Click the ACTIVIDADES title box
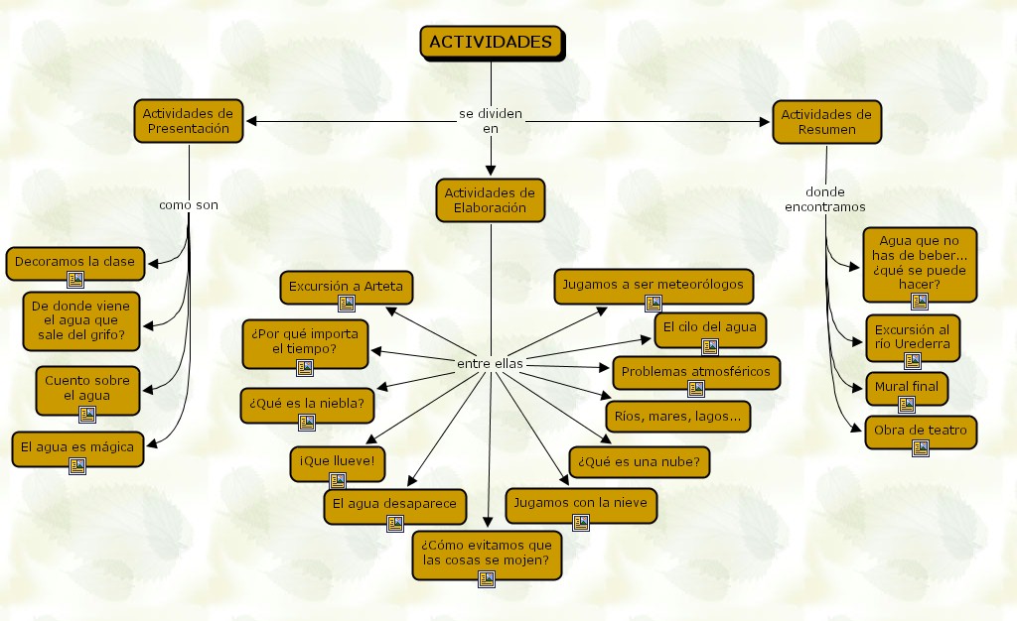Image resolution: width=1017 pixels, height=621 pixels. point(491,42)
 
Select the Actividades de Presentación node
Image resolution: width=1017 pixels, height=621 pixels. point(188,121)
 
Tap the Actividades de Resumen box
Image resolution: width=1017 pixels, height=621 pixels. point(826,121)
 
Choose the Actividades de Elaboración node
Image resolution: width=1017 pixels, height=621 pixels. point(490,199)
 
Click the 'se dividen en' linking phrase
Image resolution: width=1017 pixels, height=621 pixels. point(490,121)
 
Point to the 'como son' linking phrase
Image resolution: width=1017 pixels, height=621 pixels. point(188,205)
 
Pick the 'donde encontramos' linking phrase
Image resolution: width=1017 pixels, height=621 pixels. point(824,198)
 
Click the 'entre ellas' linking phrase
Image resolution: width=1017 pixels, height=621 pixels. point(490,364)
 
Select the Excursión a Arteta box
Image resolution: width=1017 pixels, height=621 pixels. point(346,287)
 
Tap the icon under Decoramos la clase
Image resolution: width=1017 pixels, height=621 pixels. point(74,279)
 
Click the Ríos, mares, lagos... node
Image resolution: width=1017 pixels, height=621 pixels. point(677,417)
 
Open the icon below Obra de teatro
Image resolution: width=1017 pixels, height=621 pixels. point(921,448)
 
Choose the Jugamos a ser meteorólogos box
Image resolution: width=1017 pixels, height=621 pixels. point(653,285)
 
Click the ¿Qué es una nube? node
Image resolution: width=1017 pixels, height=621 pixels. point(640,461)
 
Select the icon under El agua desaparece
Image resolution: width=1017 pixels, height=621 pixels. point(395,523)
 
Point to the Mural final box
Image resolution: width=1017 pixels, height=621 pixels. point(906,385)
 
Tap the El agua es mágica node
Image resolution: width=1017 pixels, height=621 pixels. point(76,446)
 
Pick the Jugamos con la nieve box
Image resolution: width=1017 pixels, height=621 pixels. point(581,503)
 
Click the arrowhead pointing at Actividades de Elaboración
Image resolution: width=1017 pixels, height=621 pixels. point(490,171)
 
